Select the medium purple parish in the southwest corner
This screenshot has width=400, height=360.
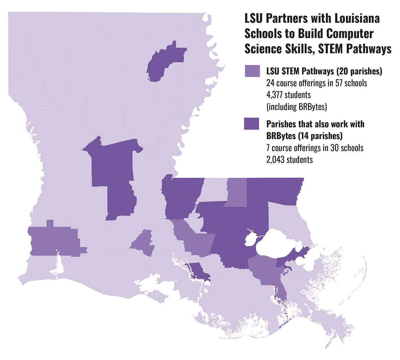pos(53,240)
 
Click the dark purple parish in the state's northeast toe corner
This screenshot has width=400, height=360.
pos(285,191)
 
